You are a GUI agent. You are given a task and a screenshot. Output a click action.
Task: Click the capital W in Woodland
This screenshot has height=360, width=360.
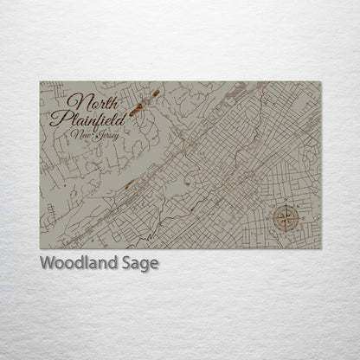pos(47,262)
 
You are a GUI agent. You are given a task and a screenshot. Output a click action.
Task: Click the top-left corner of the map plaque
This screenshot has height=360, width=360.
pos(40,81)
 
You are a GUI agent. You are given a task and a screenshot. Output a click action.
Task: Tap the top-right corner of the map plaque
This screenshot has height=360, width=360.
pos(321,81)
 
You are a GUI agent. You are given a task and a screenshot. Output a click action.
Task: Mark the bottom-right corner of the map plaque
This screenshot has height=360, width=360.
pos(321,248)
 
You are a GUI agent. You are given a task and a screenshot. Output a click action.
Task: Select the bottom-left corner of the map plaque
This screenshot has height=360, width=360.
pos(40,248)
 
